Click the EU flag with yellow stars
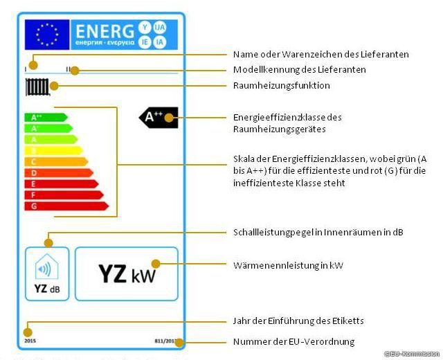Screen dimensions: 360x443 47,34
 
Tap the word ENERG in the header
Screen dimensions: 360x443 104,31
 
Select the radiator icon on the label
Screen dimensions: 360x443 37,87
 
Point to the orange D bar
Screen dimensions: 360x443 58,172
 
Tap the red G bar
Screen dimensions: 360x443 66,206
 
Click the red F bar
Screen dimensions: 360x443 63,195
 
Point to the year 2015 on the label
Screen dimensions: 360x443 30,340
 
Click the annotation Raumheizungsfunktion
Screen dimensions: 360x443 281,86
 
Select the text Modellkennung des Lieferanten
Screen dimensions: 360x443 299,70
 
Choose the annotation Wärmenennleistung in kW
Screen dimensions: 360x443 288,265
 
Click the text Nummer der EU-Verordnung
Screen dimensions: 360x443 293,341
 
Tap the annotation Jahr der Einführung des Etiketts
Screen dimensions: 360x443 298,321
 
